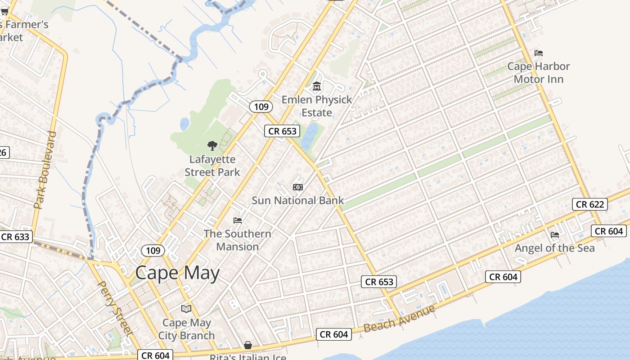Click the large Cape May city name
(177, 273)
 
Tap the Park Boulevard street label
(45, 170)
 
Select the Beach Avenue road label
(399, 319)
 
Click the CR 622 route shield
(590, 204)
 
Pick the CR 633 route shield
(15, 237)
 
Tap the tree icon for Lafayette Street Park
(212, 145)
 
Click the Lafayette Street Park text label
(212, 166)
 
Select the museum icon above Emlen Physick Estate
(317, 86)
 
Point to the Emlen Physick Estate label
(317, 106)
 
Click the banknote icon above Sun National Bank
(297, 187)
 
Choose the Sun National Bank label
(297, 201)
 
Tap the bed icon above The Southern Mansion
(238, 220)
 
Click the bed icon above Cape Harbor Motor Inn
(539, 53)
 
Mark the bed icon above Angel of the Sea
(555, 234)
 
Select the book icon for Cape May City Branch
(186, 309)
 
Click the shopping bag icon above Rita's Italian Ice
(248, 345)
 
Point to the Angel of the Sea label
(554, 248)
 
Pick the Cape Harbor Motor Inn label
(539, 73)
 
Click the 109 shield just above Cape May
(153, 250)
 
